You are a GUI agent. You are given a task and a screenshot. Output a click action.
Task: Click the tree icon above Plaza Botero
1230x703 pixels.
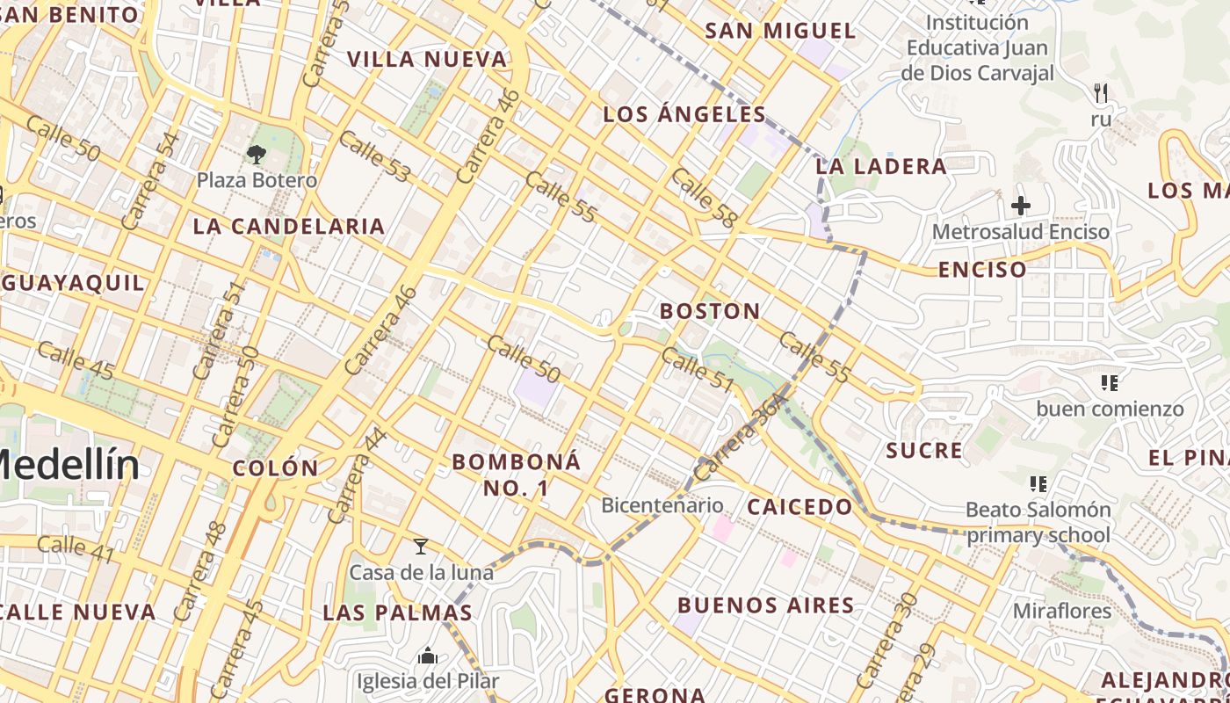pos(257,156)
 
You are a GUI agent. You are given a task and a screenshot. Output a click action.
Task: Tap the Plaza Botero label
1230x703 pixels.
pos(257,180)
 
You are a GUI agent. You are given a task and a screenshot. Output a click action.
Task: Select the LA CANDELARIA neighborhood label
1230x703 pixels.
pos(289,227)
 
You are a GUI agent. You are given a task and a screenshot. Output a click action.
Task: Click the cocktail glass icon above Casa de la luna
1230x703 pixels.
pos(421,547)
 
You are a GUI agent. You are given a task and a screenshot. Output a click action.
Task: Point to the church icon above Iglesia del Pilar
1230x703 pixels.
pos(428,656)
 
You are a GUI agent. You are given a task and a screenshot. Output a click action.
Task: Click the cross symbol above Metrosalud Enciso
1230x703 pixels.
pos(1020,206)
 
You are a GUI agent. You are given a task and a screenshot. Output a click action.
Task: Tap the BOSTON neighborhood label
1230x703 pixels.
pos(710,311)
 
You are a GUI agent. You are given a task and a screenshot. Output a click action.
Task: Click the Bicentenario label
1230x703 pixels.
pos(662,505)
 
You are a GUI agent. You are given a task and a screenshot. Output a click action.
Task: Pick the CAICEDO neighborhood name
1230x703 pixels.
pos(799,507)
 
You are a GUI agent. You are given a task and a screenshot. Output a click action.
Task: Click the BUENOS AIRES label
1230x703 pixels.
pos(765,605)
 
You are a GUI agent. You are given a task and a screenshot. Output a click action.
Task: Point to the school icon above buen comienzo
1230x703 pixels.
pos(1109,382)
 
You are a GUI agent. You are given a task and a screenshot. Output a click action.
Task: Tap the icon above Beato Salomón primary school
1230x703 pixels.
pos(1038,483)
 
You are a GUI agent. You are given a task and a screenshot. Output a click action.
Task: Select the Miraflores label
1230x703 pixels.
pos(1062,611)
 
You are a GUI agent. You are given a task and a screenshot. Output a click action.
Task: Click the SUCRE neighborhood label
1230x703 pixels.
pos(924,451)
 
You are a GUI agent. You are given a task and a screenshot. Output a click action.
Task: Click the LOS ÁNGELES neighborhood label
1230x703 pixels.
pos(684,114)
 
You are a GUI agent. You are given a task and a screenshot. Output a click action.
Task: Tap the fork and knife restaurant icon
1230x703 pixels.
pos(1101,92)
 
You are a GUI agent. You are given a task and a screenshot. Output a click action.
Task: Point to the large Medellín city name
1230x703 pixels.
pos(66,464)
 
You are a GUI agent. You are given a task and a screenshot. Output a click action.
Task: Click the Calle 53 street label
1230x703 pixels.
pos(374,156)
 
